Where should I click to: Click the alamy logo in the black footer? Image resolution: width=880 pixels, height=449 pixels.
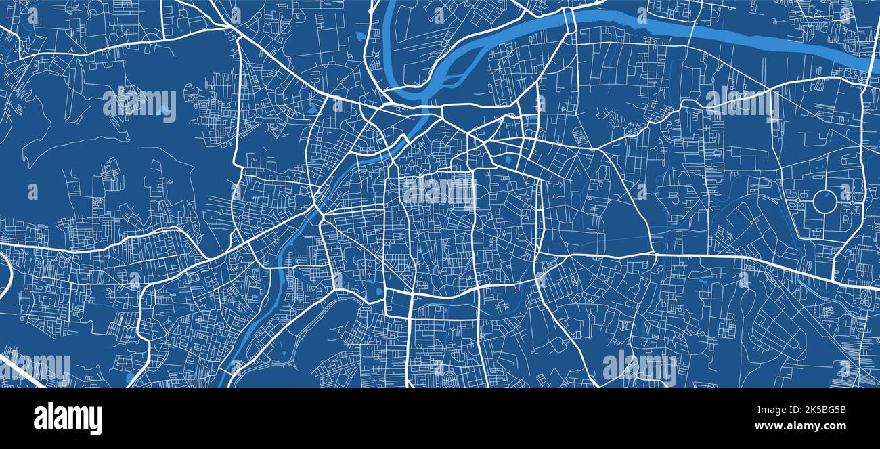[x=68, y=419]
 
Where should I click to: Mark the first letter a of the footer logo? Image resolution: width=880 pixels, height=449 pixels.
[x=40, y=419]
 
